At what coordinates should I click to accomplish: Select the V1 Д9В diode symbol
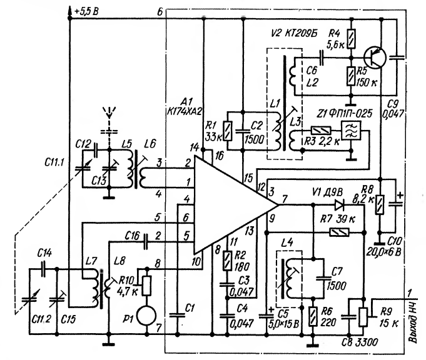coord(339,205)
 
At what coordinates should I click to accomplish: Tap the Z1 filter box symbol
coord(351,131)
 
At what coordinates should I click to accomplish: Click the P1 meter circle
coord(146,316)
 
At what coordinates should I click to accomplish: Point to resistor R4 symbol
coord(352,39)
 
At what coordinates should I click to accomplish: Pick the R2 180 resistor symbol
coord(227,261)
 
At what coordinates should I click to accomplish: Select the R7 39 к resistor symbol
coord(339,232)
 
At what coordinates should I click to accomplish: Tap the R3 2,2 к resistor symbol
coord(321,131)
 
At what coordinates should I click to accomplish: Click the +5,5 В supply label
coord(86,12)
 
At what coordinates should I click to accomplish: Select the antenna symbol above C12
coord(109,112)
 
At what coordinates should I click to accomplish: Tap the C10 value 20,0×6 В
coord(383,252)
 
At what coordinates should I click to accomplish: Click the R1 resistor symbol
coord(228,131)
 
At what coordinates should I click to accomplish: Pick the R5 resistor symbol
coord(352,76)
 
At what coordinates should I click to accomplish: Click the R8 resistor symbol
coord(380,204)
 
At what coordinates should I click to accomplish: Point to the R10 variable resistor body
coord(146,286)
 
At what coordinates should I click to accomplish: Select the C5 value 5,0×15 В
coord(283,324)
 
